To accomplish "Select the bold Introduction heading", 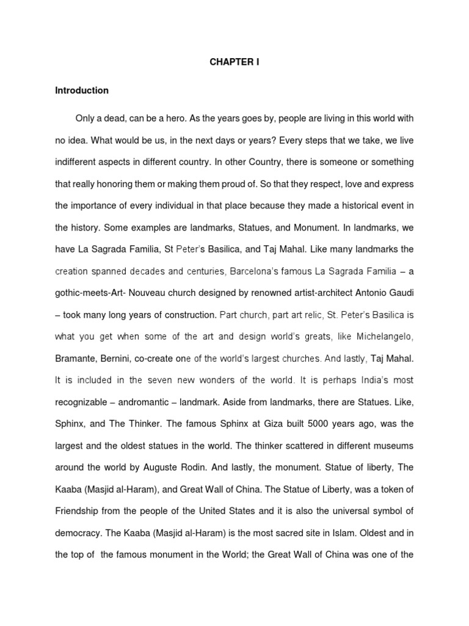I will pyautogui.click(x=82, y=90).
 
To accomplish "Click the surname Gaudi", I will pyautogui.click(x=401, y=293).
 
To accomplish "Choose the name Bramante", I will pyautogui.click(x=76, y=359).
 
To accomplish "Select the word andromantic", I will pyautogui.click(x=140, y=402).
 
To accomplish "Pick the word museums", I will pyautogui.click(x=393, y=446).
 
